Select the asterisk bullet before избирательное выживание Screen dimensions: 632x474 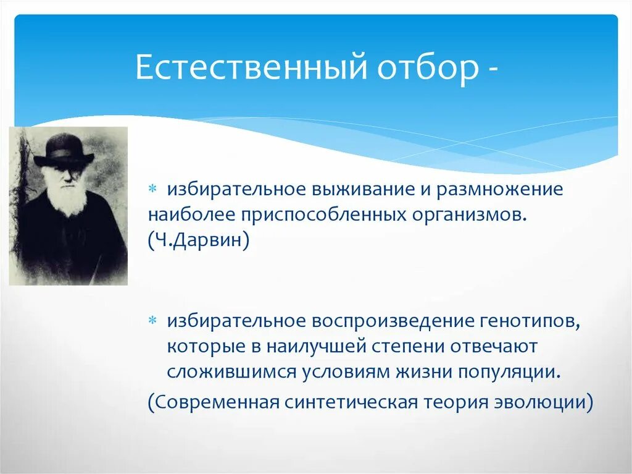[152, 188]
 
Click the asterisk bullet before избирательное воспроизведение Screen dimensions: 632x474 [152, 321]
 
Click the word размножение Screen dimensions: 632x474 [500, 189]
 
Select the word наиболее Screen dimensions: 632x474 [191, 214]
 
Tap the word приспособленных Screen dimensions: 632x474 [324, 216]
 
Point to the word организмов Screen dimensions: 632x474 [470, 216]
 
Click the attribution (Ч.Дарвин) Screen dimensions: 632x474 [199, 240]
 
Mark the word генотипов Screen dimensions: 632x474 [530, 322]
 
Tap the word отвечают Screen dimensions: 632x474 [494, 347]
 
